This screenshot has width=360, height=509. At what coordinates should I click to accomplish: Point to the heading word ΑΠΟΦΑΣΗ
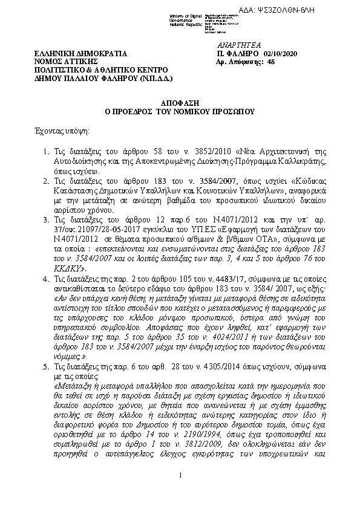click(x=180, y=104)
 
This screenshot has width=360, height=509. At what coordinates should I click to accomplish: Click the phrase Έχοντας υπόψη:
click(x=59, y=130)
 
